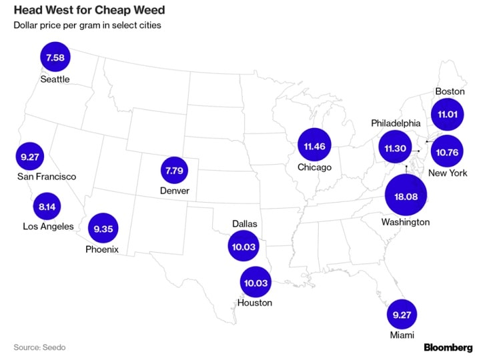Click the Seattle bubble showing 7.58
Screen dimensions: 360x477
coord(55,58)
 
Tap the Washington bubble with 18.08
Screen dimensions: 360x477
coord(406,196)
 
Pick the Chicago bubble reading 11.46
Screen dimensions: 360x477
coord(314,145)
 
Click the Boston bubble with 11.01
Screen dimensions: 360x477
coord(446,115)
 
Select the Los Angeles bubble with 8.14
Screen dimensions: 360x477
coord(47,207)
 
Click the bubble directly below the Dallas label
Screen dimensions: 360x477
coord(244,247)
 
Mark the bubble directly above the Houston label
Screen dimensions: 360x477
coord(256,283)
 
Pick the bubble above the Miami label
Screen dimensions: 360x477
coord(402,313)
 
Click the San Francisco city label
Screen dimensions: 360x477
coord(47,177)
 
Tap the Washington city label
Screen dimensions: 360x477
coord(405,222)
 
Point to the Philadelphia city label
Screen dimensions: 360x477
coord(396,123)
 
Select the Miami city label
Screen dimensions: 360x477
coord(402,335)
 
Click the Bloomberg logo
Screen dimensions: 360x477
coord(448,347)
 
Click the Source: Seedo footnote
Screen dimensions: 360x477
coord(39,347)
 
